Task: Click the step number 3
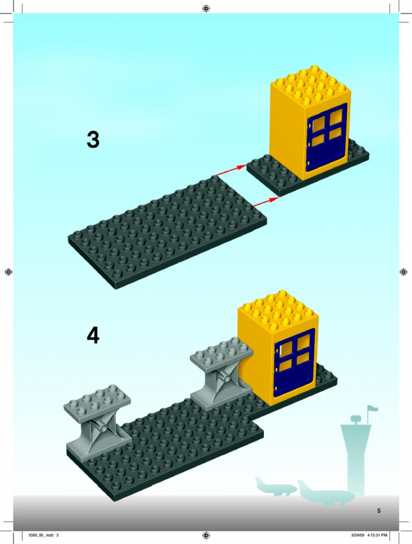pyautogui.click(x=93, y=139)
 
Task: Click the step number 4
pyautogui.click(x=93, y=336)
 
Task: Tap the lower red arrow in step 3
pyautogui.click(x=266, y=202)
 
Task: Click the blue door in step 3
pyautogui.click(x=326, y=137)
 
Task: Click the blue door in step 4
pyautogui.click(x=295, y=362)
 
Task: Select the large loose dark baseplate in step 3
pyautogui.click(x=167, y=231)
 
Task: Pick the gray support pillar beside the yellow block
pyautogui.click(x=222, y=375)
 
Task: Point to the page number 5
pyautogui.click(x=378, y=510)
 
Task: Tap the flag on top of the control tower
pyautogui.click(x=373, y=409)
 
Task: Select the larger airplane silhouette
pyautogui.click(x=325, y=492)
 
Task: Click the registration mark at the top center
pyautogui.click(x=206, y=8)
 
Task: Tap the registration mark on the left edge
pyautogui.click(x=9, y=272)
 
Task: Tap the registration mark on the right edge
pyautogui.click(x=403, y=272)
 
